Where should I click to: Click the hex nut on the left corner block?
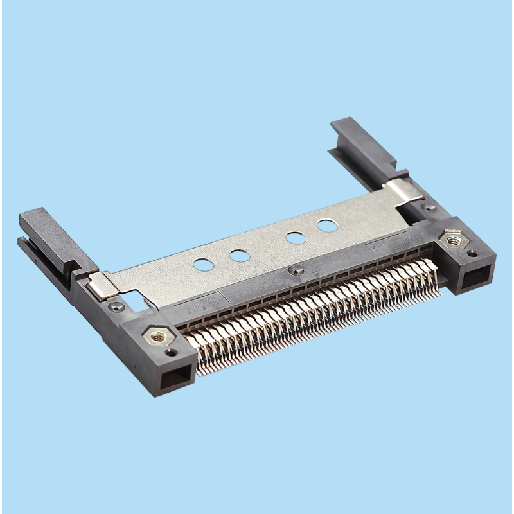[157, 336]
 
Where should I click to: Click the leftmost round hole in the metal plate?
[203, 263]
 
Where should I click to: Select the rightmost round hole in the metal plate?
[327, 226]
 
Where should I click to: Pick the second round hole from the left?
[239, 256]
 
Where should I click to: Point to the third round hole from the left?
[296, 236]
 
